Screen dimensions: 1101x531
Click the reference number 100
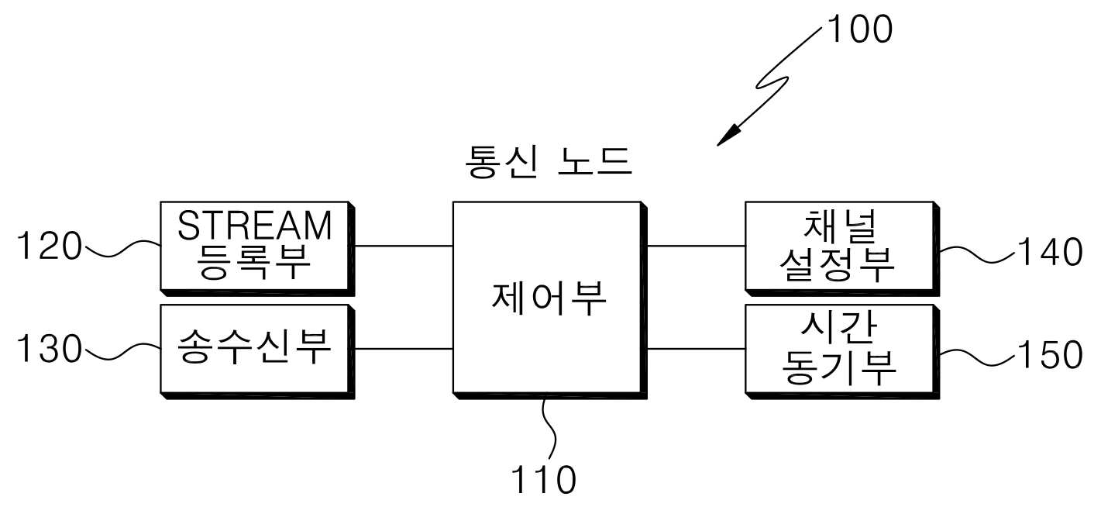(x=860, y=29)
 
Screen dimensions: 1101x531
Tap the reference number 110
(x=544, y=479)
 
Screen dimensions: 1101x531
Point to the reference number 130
(x=50, y=349)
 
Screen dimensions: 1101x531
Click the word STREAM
(x=255, y=226)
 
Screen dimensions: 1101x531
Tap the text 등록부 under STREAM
(x=253, y=261)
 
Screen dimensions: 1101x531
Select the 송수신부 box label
(x=254, y=347)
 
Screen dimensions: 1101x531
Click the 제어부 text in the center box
(x=549, y=298)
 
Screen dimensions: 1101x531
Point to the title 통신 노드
(x=549, y=162)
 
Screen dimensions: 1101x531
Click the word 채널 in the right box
(x=840, y=226)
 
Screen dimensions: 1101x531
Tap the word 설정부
(x=838, y=264)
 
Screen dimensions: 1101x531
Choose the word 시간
(x=839, y=328)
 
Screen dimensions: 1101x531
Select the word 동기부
(x=839, y=367)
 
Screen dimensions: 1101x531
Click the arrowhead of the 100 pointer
(x=728, y=136)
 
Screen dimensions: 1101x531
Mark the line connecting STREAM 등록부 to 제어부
(x=404, y=246)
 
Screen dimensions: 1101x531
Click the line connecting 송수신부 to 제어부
(x=404, y=349)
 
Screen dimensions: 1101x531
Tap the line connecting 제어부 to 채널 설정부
(x=696, y=246)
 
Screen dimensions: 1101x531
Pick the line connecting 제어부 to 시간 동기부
(x=696, y=349)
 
